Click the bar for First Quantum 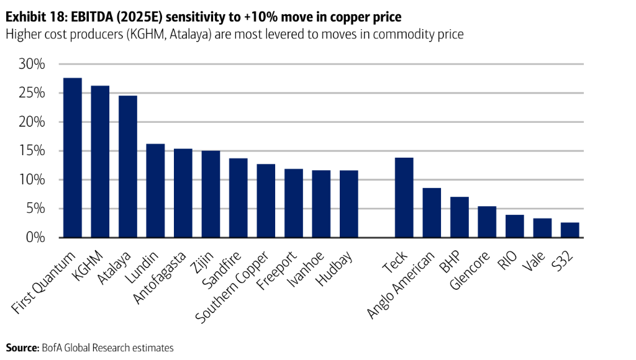(73, 158)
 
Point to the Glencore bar (487, 222)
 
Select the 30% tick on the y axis (32, 65)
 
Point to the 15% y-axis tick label (32, 151)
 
